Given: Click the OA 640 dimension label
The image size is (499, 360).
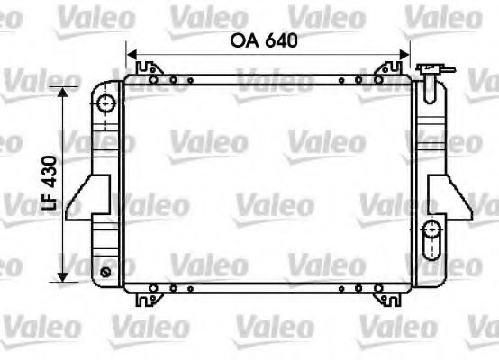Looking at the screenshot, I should point(264,40).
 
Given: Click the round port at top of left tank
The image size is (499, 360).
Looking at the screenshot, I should point(108,104).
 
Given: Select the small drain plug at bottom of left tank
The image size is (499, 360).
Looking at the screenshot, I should point(106,272).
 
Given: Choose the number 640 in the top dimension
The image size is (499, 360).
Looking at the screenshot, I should point(280,40).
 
